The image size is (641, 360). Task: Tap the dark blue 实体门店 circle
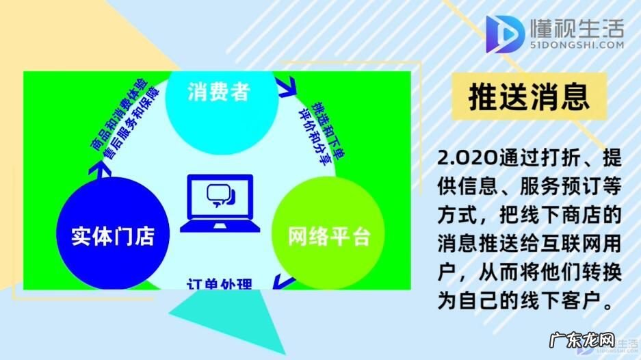tap(112, 235)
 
